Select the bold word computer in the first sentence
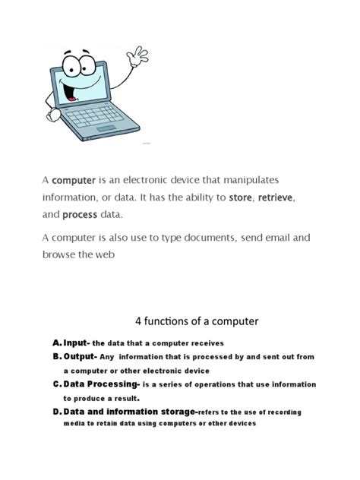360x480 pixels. point(74,181)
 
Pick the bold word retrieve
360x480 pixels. point(276,197)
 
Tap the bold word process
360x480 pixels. point(80,215)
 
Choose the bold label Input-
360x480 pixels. point(77,343)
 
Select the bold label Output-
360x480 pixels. point(81,356)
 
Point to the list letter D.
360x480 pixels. point(56,412)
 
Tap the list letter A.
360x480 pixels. point(56,343)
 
